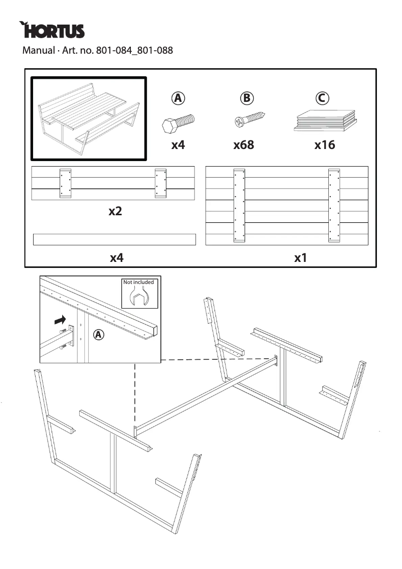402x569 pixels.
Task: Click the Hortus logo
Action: (52, 31)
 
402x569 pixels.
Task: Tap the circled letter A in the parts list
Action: (177, 98)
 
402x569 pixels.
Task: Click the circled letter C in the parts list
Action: (322, 98)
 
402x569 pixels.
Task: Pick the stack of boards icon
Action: (324, 120)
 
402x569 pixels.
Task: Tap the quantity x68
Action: (244, 145)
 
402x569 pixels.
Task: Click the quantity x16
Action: (324, 145)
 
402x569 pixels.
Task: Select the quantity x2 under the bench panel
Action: (115, 211)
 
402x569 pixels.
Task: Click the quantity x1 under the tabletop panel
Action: (300, 258)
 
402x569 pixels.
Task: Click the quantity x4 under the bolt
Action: (178, 145)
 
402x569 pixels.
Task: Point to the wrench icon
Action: (138, 298)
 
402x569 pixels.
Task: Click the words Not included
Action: (139, 282)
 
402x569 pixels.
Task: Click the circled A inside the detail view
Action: (99, 334)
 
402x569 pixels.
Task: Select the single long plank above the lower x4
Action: (114, 239)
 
